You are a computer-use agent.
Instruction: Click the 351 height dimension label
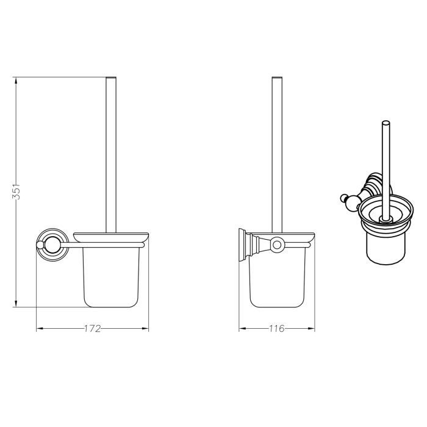tap(16, 191)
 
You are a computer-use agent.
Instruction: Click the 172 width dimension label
tap(92, 329)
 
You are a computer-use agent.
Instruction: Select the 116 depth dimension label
tap(277, 329)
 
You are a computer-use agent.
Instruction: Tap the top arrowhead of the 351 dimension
tap(16, 81)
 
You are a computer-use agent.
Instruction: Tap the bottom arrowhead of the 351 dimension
tap(16, 303)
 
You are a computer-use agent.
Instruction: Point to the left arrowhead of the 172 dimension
tap(40, 328)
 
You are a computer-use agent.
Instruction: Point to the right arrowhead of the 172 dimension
tap(145, 328)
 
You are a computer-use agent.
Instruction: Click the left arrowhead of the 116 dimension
tap(243, 328)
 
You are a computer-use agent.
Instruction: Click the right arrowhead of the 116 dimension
tap(311, 328)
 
